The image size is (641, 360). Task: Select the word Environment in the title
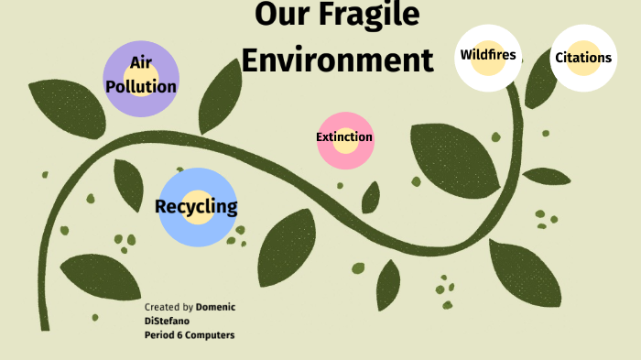337,60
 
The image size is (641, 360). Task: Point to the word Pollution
141,87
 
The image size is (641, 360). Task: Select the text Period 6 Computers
190,334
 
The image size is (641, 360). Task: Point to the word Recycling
196,206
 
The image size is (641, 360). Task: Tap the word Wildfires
488,55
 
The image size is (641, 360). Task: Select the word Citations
583,58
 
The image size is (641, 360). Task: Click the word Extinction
344,137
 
